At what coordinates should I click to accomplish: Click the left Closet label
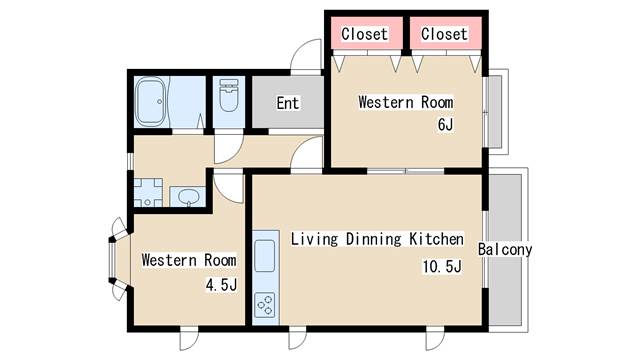(364, 34)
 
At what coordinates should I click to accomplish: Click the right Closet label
(444, 34)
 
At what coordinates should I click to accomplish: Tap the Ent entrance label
(288, 103)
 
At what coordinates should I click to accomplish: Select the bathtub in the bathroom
(151, 102)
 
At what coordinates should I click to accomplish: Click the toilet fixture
(229, 96)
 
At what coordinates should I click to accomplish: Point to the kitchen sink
(264, 256)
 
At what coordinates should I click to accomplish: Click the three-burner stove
(264, 305)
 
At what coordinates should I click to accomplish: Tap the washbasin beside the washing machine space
(188, 196)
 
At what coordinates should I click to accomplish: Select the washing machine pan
(148, 192)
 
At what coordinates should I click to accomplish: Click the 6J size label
(445, 124)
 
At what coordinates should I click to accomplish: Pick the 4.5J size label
(221, 284)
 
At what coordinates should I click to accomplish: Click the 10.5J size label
(442, 267)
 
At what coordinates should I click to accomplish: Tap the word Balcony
(505, 249)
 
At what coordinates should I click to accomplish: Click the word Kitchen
(436, 239)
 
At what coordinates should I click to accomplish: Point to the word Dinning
(373, 239)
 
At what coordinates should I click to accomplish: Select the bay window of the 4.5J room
(118, 259)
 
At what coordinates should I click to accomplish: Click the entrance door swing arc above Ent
(305, 56)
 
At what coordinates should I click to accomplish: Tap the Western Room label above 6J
(406, 102)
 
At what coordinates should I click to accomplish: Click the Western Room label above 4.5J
(189, 260)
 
